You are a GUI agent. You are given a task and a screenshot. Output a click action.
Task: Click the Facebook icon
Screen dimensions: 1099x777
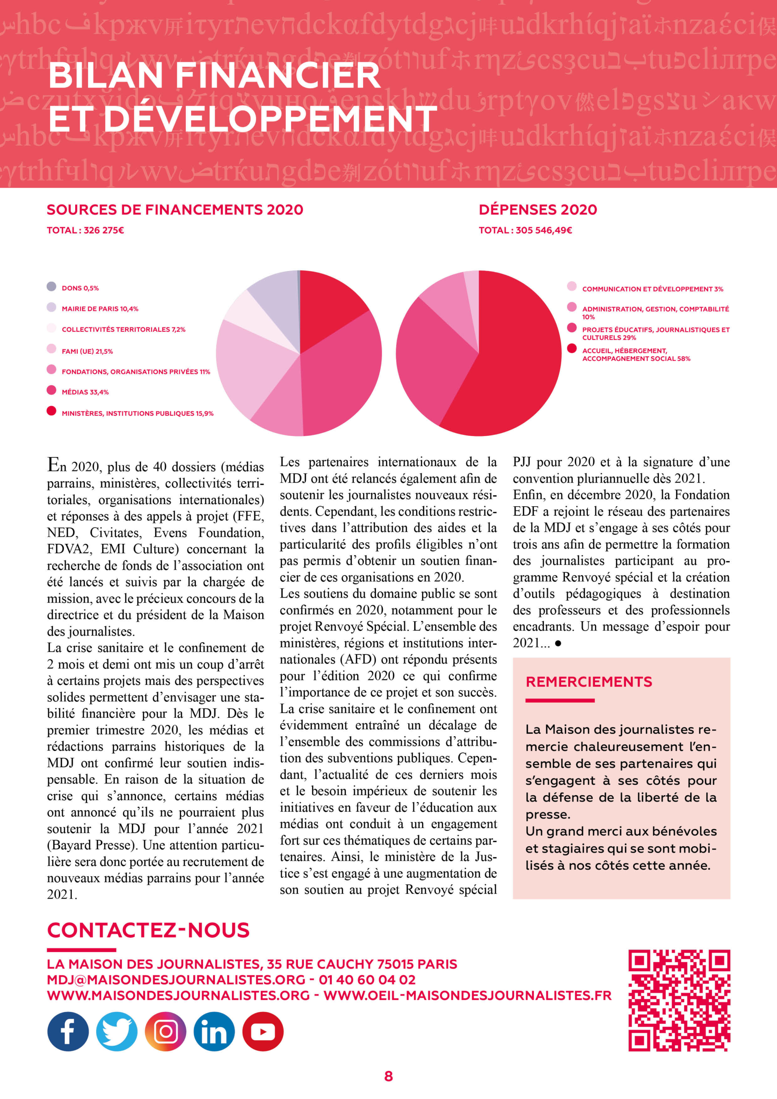68,1032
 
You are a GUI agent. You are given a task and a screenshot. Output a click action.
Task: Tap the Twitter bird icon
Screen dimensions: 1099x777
117,1032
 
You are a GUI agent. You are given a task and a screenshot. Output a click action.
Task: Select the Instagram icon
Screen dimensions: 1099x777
166,1032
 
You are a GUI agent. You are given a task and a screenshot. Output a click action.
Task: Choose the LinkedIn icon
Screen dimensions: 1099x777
214,1032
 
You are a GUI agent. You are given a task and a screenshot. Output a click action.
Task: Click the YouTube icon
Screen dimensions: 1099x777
263,1032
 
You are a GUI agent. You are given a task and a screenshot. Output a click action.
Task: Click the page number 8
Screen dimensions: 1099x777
388,1077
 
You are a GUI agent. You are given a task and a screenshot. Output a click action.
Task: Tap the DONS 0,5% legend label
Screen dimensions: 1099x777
80,288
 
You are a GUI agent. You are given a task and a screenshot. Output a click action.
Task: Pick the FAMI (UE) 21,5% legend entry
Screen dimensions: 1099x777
87,351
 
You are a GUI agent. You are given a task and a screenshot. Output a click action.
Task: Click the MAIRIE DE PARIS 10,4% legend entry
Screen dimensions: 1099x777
100,309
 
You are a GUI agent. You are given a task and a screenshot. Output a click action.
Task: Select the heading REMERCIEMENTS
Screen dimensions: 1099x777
589,682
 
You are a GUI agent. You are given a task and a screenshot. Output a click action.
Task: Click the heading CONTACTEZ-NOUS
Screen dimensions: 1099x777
149,930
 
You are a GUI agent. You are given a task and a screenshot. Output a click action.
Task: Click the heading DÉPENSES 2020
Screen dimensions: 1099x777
537,209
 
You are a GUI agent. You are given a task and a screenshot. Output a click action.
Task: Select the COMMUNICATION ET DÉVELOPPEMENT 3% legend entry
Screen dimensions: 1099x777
652,289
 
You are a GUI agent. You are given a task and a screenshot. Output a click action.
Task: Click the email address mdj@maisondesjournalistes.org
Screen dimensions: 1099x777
176,980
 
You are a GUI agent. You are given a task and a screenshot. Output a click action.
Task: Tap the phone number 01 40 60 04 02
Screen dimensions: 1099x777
367,980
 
